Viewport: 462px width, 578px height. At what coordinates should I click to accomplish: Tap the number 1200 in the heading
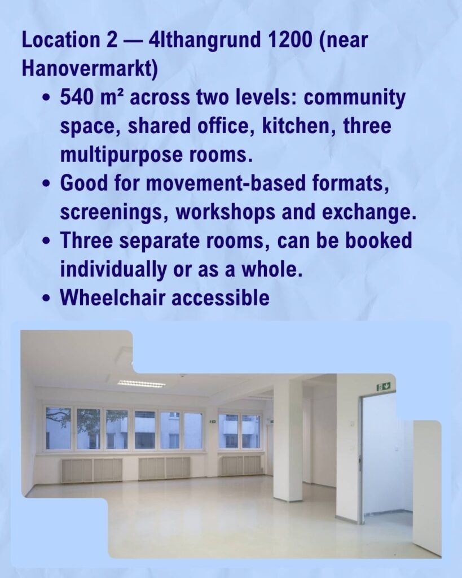click(x=289, y=40)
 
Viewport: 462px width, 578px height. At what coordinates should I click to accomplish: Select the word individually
click(x=113, y=269)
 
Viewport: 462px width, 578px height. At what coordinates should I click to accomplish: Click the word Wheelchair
click(x=113, y=298)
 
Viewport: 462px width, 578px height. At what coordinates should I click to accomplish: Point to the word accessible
click(x=221, y=298)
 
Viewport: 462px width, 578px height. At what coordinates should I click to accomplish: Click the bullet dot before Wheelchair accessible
click(x=46, y=299)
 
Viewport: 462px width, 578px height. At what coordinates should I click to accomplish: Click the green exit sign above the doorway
click(x=384, y=387)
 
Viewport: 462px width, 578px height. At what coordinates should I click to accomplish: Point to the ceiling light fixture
click(x=142, y=384)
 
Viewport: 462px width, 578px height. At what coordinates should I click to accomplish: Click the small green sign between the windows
click(x=213, y=421)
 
